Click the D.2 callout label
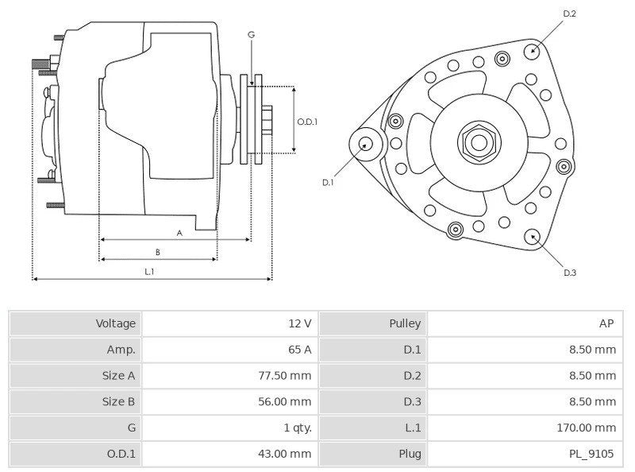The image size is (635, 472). click(x=569, y=14)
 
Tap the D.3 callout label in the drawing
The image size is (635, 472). click(x=569, y=273)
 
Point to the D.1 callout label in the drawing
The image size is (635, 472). click(x=328, y=182)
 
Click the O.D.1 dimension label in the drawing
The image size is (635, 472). click(x=307, y=122)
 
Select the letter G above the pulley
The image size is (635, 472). click(x=251, y=34)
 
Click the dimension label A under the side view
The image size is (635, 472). click(x=179, y=233)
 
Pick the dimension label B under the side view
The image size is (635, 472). click(x=158, y=252)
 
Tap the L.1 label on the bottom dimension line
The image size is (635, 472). click(x=149, y=272)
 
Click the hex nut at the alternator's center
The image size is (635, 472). click(x=479, y=142)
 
